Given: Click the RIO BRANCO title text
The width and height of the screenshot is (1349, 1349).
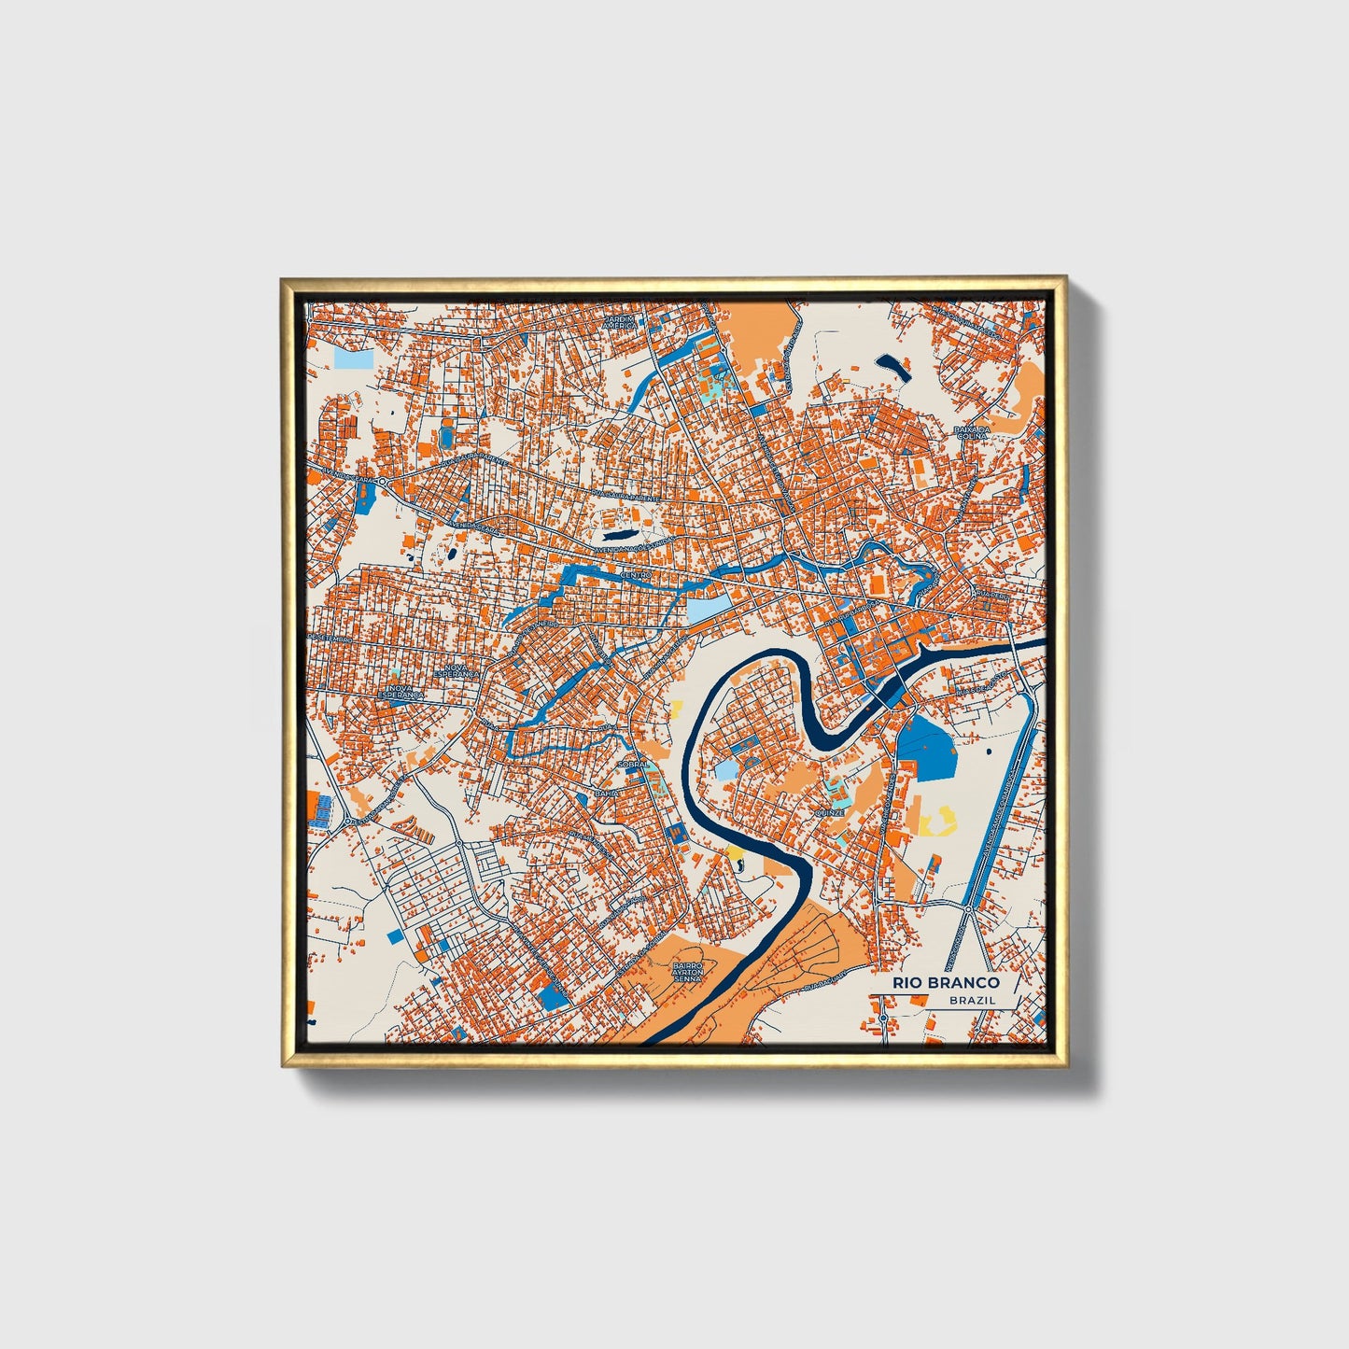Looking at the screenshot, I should pos(946,982).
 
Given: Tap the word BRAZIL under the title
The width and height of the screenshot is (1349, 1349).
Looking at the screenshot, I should pos(972,1000).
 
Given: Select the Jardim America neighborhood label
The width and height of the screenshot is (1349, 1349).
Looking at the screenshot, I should pos(620,322).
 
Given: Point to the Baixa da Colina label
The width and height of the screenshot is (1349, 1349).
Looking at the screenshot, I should pos(971,434).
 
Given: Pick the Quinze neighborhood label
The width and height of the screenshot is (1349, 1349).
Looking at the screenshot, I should pos(829,812).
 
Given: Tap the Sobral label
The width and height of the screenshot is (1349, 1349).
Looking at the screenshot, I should pos(632,764).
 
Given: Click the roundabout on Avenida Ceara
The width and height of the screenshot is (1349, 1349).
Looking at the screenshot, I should pos(382,480).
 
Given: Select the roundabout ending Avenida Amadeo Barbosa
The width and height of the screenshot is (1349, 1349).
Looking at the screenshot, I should pos(969,907).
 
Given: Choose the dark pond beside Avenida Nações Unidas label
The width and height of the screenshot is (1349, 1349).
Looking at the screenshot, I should pos(616,537).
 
